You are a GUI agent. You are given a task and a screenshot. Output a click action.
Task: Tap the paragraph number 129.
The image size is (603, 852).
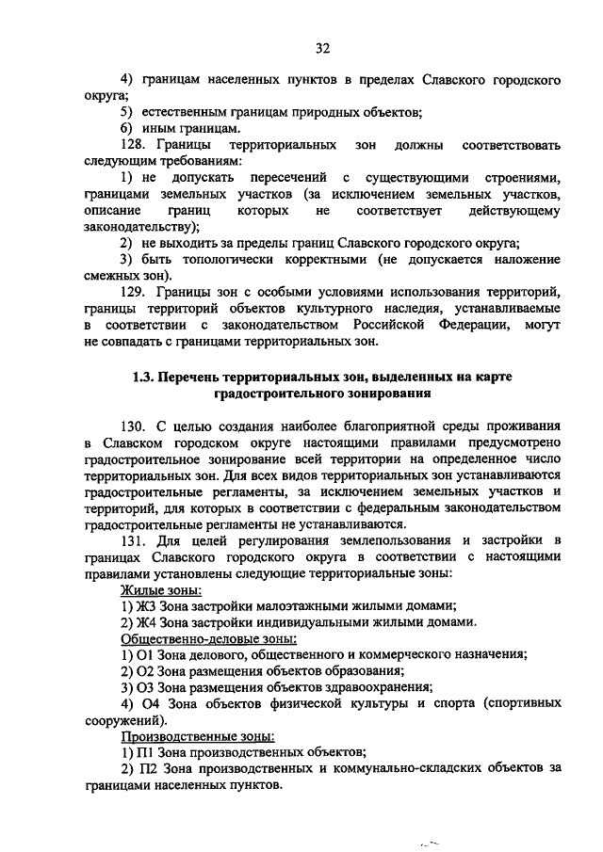[134, 292]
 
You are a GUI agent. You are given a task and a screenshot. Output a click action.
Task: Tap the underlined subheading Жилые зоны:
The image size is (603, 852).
[160, 589]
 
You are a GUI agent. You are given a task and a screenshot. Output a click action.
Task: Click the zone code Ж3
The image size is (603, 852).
[146, 605]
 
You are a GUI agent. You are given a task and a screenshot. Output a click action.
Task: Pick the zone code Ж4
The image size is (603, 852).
[146, 622]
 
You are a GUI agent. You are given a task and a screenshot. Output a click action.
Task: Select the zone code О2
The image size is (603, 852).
[146, 671]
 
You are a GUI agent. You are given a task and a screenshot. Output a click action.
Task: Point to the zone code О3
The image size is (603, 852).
[146, 687]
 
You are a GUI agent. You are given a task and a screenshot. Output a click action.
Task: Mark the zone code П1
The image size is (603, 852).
[145, 752]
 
